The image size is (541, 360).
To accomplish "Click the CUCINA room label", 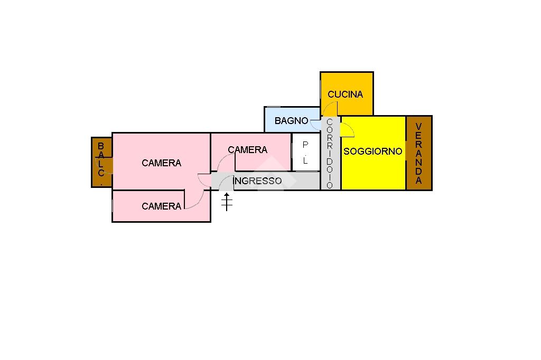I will point(346,94).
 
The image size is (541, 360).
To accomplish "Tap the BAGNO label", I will point(291,121).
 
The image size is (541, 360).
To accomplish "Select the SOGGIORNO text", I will point(373,151).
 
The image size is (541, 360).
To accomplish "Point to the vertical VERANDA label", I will point(419,153).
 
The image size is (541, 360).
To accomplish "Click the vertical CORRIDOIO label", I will point(330,153).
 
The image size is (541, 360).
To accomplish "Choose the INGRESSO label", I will point(258,181).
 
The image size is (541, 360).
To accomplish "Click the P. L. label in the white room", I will point(305,153).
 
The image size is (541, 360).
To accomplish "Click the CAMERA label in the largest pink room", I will point(161,163).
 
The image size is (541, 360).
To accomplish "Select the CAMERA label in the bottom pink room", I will point(161,206).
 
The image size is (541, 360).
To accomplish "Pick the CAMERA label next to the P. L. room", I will point(247,150).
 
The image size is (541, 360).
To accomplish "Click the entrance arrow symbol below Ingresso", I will point(227,202).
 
